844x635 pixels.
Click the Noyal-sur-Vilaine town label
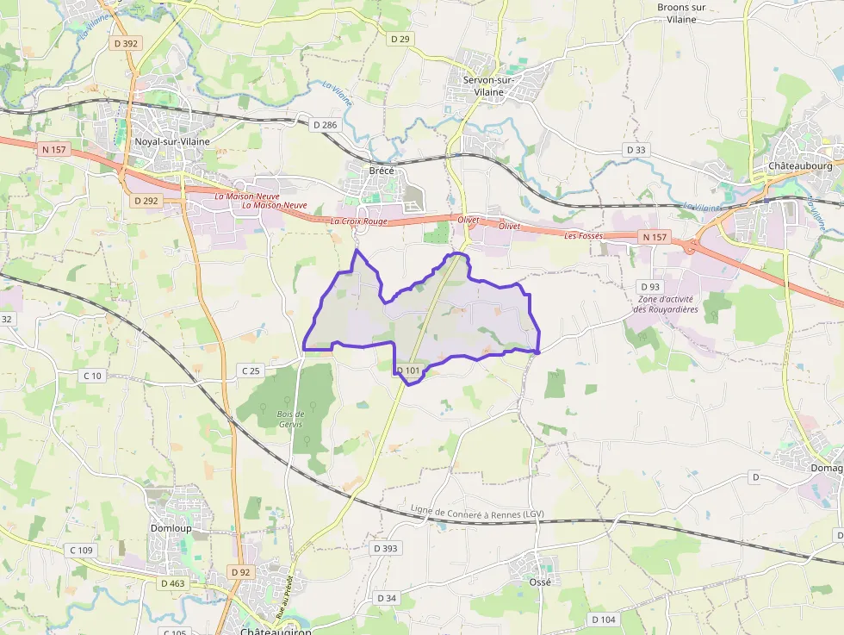(x=172, y=141)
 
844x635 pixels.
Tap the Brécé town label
(x=382, y=171)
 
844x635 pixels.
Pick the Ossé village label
(x=539, y=582)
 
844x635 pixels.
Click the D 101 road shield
(x=408, y=371)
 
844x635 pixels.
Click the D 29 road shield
(x=400, y=39)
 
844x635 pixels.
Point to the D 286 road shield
(x=326, y=125)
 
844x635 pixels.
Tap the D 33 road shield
(x=636, y=150)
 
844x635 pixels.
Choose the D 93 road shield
(x=650, y=286)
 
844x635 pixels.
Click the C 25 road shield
(x=251, y=370)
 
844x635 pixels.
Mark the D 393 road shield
(x=389, y=548)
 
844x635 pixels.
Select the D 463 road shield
(x=173, y=583)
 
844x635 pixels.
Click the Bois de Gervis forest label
(x=291, y=420)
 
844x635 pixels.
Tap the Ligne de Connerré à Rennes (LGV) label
(x=477, y=513)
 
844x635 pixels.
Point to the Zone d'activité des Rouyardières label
(x=666, y=304)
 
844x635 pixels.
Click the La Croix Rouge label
(x=359, y=221)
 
